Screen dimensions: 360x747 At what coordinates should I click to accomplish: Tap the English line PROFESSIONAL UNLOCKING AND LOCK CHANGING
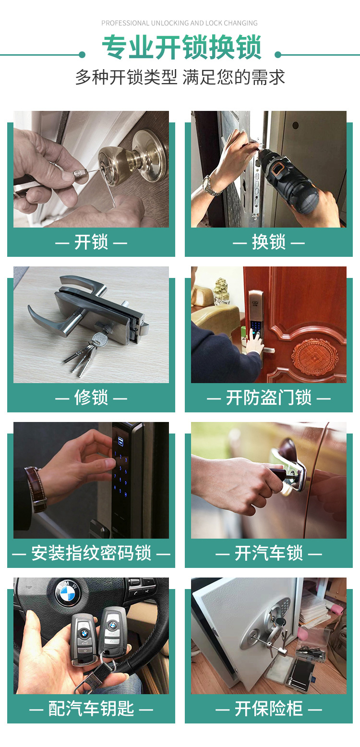click(180, 23)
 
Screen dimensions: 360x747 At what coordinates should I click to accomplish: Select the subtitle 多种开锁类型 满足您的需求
click(180, 77)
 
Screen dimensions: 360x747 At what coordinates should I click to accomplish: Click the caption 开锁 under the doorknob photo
click(91, 242)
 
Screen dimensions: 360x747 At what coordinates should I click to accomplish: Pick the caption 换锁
click(269, 242)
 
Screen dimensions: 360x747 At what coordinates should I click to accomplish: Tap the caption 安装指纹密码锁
click(91, 553)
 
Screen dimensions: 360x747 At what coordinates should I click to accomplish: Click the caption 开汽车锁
click(269, 553)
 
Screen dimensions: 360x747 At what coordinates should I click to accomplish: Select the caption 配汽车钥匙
click(91, 708)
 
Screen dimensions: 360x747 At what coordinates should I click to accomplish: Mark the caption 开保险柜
click(269, 708)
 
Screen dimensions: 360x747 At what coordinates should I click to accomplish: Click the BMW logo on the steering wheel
click(68, 592)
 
